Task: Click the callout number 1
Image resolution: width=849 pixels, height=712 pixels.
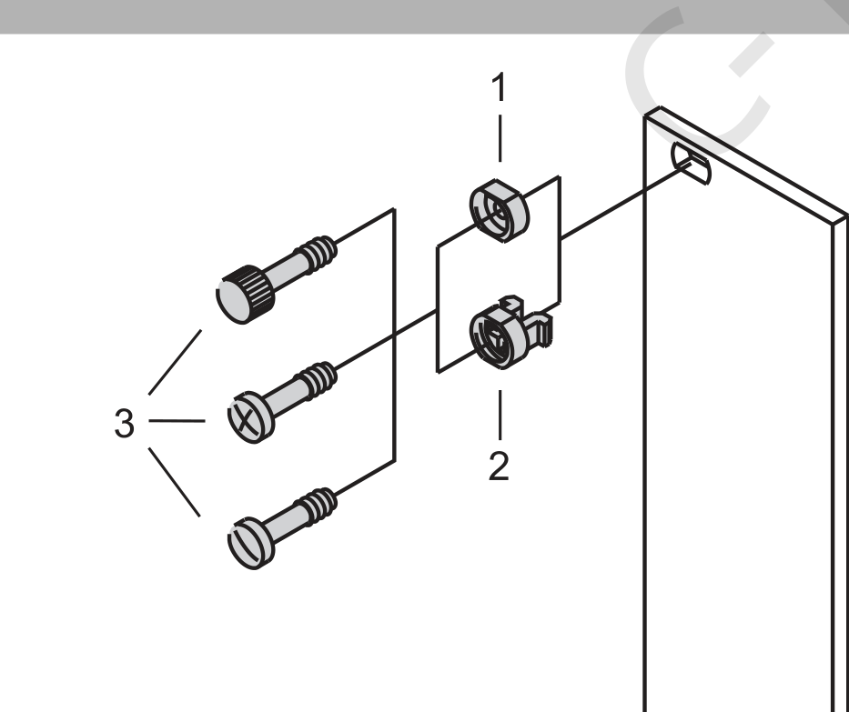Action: (500, 86)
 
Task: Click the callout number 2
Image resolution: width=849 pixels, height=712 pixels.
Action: (499, 466)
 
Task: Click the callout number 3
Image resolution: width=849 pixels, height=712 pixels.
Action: (124, 423)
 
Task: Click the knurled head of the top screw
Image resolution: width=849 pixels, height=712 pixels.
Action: (245, 295)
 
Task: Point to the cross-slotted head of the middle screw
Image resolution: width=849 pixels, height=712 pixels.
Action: (250, 417)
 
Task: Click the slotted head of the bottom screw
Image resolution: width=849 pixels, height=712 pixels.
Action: (250, 544)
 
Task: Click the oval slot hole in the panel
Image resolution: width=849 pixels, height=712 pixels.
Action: (691, 163)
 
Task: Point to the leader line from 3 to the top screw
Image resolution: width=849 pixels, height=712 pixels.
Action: (175, 362)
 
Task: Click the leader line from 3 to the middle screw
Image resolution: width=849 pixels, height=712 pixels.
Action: (177, 420)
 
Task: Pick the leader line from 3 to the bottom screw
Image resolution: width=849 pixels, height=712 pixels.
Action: (174, 482)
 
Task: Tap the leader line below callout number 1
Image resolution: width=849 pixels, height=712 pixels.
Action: (500, 138)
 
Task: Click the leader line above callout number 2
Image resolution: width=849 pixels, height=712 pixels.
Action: (500, 415)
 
